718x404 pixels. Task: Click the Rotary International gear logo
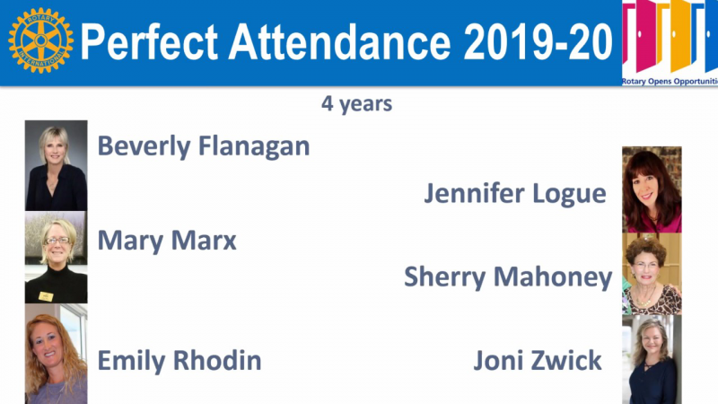tap(40, 40)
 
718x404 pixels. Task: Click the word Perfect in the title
tap(149, 42)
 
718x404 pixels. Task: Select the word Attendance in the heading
tap(340, 41)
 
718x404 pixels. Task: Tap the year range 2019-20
tap(538, 41)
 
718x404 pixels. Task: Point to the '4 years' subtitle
tap(356, 103)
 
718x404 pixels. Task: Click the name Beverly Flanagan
tap(204, 146)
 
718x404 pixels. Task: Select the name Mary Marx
tap(167, 241)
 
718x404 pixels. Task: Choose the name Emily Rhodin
tap(179, 361)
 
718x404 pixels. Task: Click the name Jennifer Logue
tap(515, 194)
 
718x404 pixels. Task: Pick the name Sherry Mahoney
tap(508, 277)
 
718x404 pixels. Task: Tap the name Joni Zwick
tap(537, 361)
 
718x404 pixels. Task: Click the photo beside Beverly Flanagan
tap(56, 165)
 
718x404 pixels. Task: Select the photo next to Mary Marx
tap(56, 257)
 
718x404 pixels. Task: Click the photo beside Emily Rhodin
tap(56, 354)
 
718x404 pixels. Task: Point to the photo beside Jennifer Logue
tap(652, 189)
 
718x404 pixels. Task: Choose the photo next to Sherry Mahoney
tap(652, 274)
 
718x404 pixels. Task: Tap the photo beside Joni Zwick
tap(652, 360)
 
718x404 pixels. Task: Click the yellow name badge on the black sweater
tap(46, 296)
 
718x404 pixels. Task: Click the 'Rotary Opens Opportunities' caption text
tap(670, 82)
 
